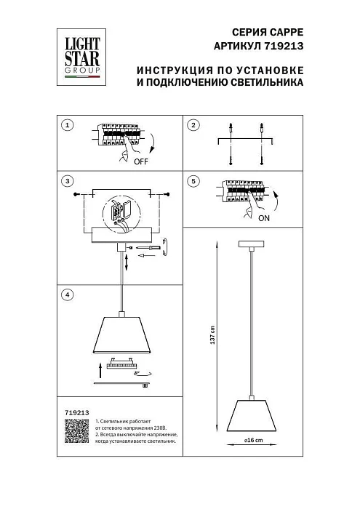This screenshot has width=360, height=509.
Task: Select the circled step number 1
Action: pos(67,125)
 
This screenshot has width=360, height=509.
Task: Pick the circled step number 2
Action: pos(193,125)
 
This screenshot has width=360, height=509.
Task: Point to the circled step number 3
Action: pos(67,180)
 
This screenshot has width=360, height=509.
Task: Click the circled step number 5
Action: pos(193,180)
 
